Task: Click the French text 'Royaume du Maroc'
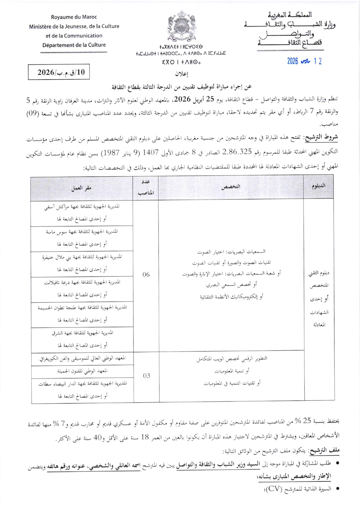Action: [x=74, y=17]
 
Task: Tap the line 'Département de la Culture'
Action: [x=74, y=45]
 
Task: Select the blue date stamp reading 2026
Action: [x=304, y=61]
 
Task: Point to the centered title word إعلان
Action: [x=181, y=74]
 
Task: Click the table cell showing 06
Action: [x=146, y=275]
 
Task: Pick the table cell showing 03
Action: [x=146, y=376]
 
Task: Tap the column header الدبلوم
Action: [x=318, y=186]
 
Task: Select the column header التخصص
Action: [x=231, y=187]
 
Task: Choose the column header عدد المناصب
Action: [x=146, y=187]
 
